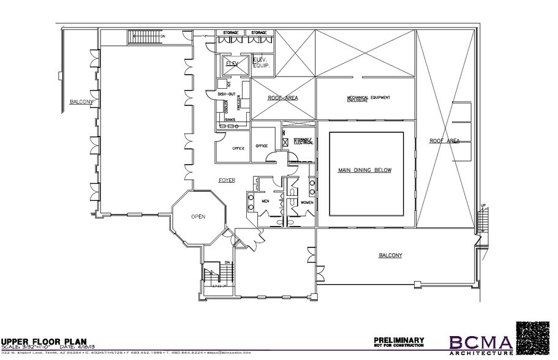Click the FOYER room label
pyautogui.click(x=228, y=180)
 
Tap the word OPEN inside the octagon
pyautogui.click(x=197, y=216)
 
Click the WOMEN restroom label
pyautogui.click(x=306, y=201)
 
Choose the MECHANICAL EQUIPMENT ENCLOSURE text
pyautogui.click(x=368, y=99)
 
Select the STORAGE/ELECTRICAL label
pyautogui.click(x=303, y=141)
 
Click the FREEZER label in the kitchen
pyautogui.click(x=239, y=105)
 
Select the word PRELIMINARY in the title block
pyautogui.click(x=399, y=339)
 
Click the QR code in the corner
pyautogui.click(x=536, y=337)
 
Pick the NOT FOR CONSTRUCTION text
pyautogui.click(x=399, y=347)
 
